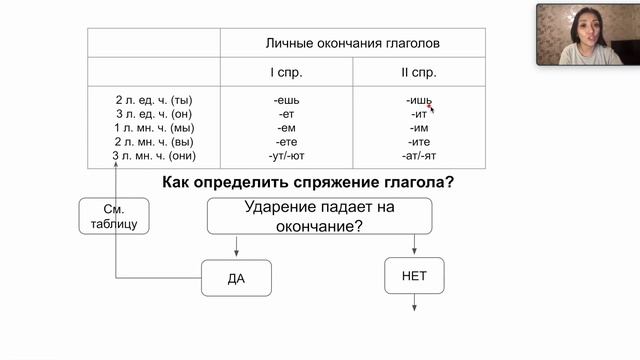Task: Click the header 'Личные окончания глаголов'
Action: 352,44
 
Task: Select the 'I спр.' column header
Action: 288,73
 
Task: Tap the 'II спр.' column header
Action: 418,73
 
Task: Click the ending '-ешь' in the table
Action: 288,100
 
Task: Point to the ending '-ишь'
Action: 419,100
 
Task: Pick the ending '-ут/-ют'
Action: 288,156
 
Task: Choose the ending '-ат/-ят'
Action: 419,156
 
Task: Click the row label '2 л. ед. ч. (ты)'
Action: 154,100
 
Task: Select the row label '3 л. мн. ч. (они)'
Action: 154,156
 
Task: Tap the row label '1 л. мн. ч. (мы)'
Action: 154,128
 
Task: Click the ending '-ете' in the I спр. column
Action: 288,142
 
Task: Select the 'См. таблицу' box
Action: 114,216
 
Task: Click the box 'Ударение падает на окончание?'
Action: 319,216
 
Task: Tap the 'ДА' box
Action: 236,278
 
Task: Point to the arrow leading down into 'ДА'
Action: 236,247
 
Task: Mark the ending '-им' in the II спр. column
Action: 419,128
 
